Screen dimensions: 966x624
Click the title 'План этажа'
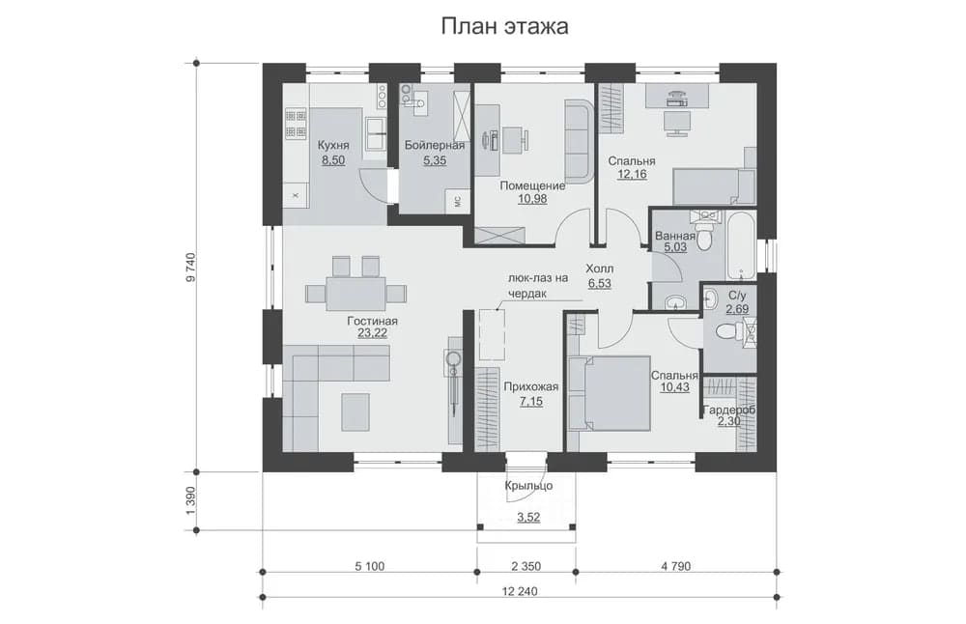click(x=504, y=26)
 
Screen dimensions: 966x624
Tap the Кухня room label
click(x=333, y=145)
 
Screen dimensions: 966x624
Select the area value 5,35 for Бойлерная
click(x=435, y=160)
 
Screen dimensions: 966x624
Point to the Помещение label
click(x=532, y=185)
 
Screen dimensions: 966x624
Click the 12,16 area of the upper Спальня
click(x=632, y=174)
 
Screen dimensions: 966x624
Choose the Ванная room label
click(x=675, y=236)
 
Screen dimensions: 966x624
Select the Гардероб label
click(x=729, y=410)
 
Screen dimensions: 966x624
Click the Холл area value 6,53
click(x=600, y=284)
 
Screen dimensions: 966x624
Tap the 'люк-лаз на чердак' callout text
click(x=537, y=286)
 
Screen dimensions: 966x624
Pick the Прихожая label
click(x=530, y=386)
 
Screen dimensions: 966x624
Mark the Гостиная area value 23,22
click(x=372, y=334)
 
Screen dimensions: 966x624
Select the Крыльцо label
click(x=528, y=486)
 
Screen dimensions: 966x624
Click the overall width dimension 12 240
click(x=520, y=592)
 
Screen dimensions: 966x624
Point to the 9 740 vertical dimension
click(x=190, y=268)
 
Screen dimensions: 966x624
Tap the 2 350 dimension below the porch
click(x=526, y=566)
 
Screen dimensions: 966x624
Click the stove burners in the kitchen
click(x=296, y=124)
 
